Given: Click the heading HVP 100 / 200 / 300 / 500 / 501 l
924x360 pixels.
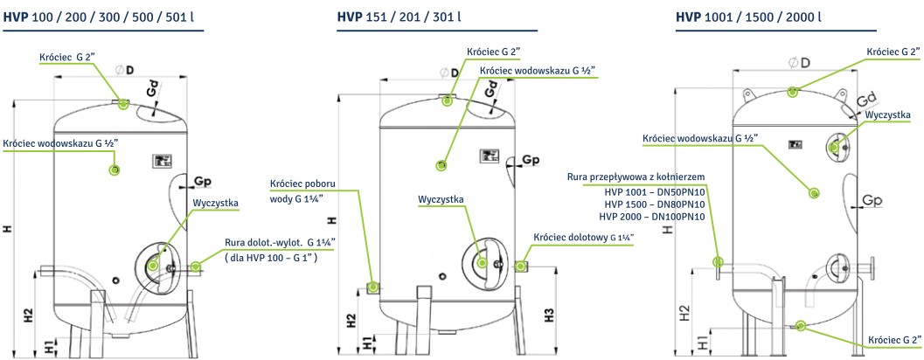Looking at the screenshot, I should click(x=102, y=16).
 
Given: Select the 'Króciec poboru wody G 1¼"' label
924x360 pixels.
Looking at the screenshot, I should click(x=302, y=191).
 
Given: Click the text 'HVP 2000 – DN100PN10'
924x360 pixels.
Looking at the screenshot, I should click(x=651, y=216).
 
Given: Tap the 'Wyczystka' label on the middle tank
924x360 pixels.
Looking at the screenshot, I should click(x=441, y=199).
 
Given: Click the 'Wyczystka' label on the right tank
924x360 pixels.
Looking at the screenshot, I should click(x=888, y=114).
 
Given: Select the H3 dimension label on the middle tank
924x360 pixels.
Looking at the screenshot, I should click(x=550, y=315).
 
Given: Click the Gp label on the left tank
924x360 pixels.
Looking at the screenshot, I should click(x=203, y=182).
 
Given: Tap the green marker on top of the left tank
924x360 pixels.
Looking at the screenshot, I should click(x=122, y=104).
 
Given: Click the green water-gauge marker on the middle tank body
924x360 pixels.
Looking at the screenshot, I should click(x=441, y=164).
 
